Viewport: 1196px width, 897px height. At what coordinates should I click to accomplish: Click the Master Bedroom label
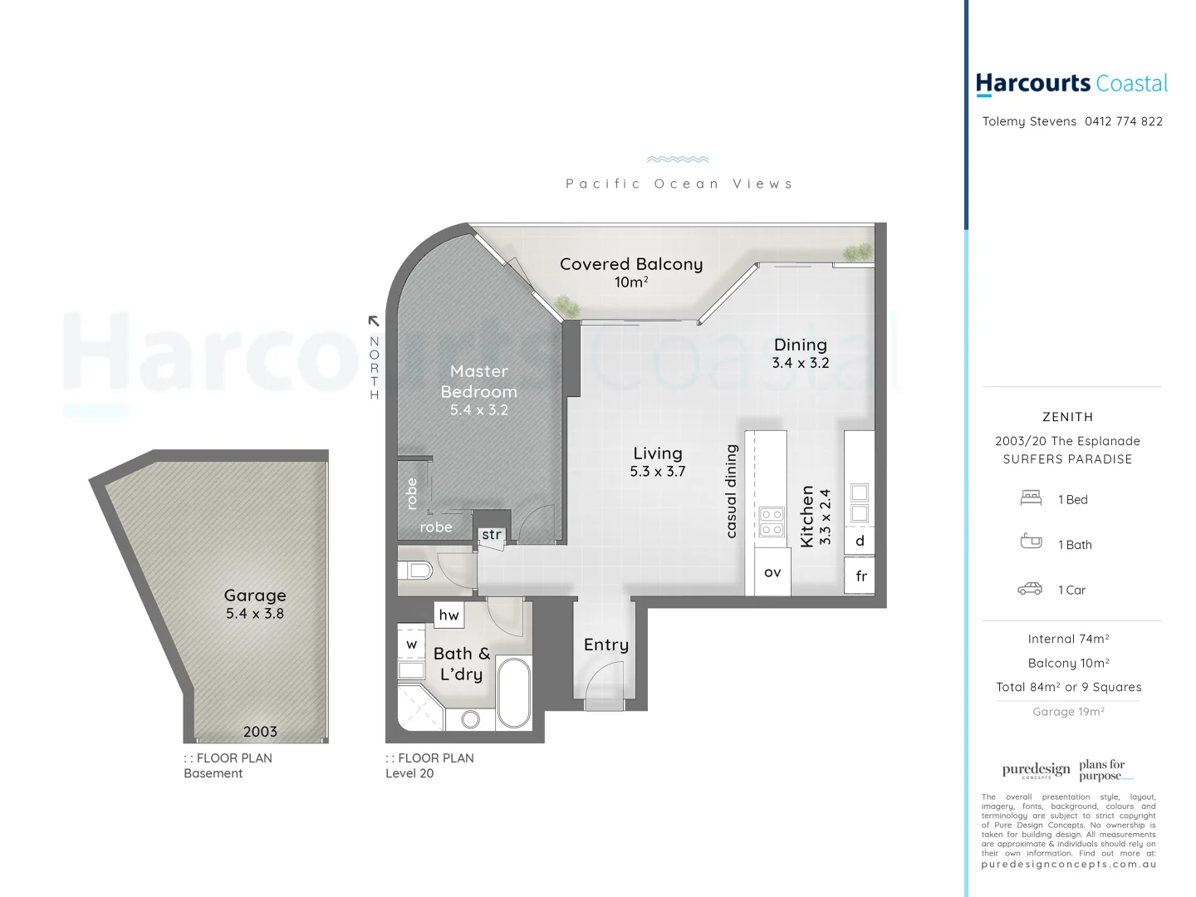[x=478, y=381]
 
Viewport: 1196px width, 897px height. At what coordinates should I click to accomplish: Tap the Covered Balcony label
[x=630, y=264]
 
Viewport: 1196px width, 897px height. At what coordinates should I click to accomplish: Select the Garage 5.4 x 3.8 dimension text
[x=255, y=614]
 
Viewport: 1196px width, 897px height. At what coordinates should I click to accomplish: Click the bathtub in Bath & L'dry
[x=514, y=693]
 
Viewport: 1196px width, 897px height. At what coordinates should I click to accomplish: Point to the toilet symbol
[x=416, y=570]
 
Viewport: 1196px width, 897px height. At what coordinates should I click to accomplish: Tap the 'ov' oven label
[x=772, y=572]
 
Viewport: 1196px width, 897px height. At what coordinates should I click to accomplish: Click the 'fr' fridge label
[x=861, y=576]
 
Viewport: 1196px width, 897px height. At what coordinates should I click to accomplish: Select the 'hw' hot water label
[x=448, y=615]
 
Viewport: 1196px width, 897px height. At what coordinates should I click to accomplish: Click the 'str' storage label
[x=492, y=534]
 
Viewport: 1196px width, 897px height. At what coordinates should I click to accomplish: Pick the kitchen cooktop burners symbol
[x=772, y=522]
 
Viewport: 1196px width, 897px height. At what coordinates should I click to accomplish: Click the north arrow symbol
[x=374, y=321]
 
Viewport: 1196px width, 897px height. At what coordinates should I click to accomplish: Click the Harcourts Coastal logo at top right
[x=1071, y=84]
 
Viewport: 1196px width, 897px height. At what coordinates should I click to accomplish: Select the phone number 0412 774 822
[x=1123, y=121]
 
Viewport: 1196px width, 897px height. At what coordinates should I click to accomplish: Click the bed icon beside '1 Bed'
[x=1031, y=498]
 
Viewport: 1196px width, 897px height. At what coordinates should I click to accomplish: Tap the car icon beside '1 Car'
[x=1030, y=589]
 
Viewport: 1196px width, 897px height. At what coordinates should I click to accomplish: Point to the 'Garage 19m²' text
[x=1068, y=712]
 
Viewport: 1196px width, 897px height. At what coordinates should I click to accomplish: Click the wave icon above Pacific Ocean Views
[x=678, y=159]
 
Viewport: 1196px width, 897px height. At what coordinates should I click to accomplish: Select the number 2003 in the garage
[x=260, y=732]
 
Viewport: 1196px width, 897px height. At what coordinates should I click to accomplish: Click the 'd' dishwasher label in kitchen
[x=860, y=541]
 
